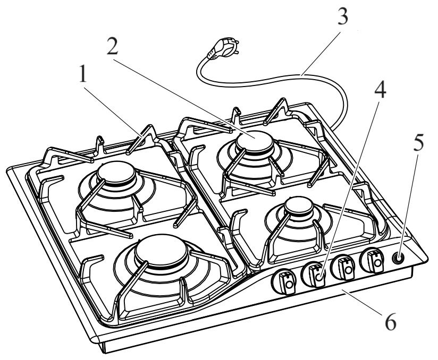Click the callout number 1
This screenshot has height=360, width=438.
click(83, 73)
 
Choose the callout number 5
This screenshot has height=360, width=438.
click(418, 142)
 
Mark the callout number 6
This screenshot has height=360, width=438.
click(391, 321)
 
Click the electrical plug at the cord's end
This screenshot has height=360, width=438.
click(223, 47)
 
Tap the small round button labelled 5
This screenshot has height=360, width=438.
click(398, 258)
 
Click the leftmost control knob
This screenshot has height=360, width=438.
click(284, 282)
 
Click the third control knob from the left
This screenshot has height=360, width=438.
click(343, 268)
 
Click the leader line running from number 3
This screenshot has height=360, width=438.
click(320, 54)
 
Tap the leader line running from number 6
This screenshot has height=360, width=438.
click(362, 302)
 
